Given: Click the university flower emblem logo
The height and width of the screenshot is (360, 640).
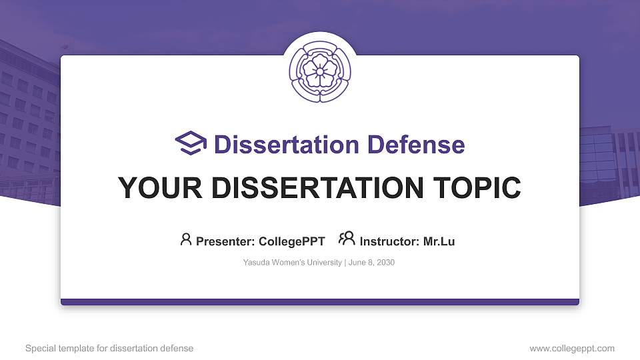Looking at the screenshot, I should coord(320,69).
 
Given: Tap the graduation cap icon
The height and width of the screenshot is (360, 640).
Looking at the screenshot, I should coord(191,143).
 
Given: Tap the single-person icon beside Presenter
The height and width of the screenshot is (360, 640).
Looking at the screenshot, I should coord(186,239).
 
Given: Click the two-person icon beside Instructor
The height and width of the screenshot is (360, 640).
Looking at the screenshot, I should coord(347,239).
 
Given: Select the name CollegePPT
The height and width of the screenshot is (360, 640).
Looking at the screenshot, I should coord(293,241).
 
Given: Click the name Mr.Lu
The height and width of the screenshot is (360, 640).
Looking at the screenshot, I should coord(439,241).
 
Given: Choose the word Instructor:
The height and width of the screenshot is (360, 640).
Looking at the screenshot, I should coord(390,241).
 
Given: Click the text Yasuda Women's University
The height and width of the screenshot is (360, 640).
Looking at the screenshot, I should coord(293,263).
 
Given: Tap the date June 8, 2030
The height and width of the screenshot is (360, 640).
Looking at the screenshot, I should coord(371,263).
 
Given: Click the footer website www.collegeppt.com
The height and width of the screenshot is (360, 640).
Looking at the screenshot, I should coord(571,349).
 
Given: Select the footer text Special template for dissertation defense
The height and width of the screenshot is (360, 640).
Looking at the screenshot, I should coord(109,349).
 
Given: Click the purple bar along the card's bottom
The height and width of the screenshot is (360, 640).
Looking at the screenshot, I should coord(320,302).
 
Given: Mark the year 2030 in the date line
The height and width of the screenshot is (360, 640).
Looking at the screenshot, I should coord(385,263).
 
